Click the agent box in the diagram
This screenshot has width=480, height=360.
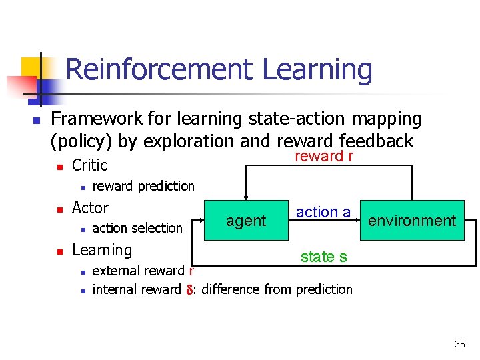tap(246, 220)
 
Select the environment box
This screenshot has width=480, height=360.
tap(412, 220)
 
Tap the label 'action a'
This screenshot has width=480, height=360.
tap(323, 212)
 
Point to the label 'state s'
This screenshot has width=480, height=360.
tap(323, 257)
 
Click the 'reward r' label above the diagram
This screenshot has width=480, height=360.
tap(324, 156)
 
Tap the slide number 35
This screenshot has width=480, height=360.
tap(460, 344)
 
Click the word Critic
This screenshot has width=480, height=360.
tap(89, 165)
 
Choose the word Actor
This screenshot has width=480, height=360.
tap(90, 207)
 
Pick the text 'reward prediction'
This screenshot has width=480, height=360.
tap(143, 186)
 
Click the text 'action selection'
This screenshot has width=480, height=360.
tap(137, 228)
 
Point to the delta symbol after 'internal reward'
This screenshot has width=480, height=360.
tap(189, 289)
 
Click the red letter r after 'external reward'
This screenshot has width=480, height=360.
tap(191, 271)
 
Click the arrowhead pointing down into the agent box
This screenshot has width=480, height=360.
tap(246, 196)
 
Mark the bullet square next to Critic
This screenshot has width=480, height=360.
tap(59, 166)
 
